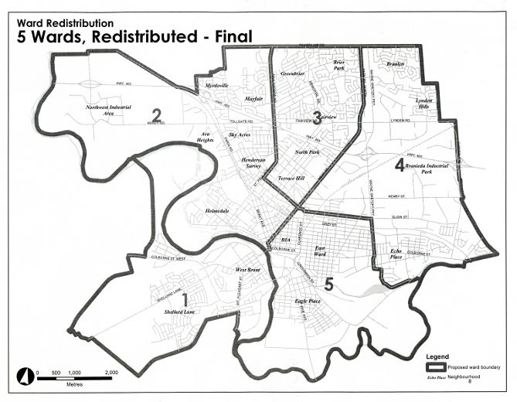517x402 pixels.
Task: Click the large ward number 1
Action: (183, 298)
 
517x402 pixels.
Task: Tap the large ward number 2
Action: (156, 116)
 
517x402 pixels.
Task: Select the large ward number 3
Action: (316, 117)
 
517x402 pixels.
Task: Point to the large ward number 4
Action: (400, 164)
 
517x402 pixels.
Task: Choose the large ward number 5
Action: (328, 284)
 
